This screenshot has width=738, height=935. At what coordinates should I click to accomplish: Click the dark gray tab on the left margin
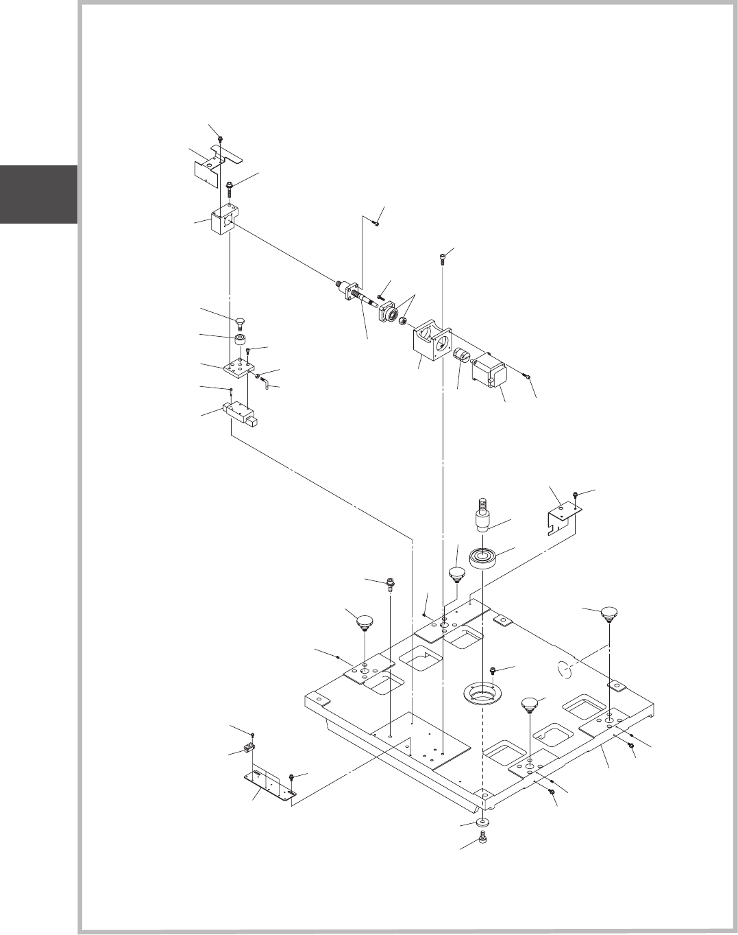(x=38, y=194)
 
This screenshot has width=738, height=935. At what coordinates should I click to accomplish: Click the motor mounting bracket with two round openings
(x=430, y=340)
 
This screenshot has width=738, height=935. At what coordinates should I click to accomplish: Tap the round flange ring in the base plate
(x=483, y=692)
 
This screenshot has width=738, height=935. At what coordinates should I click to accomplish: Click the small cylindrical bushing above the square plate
(x=240, y=341)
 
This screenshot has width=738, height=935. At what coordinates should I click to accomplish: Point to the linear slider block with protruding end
(x=240, y=416)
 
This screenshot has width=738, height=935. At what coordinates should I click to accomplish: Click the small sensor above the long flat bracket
(x=250, y=747)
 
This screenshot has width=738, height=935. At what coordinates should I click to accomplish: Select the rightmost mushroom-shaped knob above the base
(x=608, y=613)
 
